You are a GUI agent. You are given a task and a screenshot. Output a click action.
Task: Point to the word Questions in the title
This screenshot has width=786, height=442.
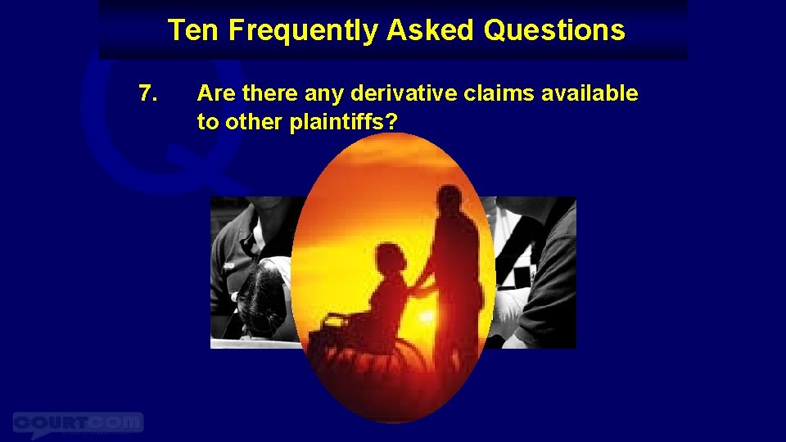554,31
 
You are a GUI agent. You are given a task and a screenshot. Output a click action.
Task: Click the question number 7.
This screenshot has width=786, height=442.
148,94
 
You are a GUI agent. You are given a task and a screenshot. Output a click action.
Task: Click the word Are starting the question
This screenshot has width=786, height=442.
215,94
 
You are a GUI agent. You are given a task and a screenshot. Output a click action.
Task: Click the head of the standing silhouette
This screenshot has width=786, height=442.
449,199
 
